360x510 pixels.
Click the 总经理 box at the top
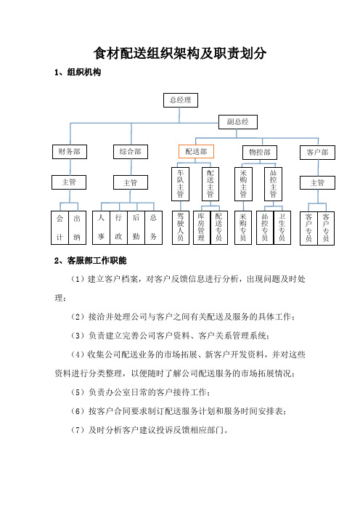tap(180, 100)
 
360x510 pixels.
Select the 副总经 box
tap(238, 122)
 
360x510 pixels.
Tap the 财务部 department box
tap(70, 152)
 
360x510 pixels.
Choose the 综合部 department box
tap(131, 152)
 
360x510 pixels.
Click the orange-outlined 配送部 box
tap(196, 152)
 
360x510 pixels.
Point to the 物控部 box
tap(260, 153)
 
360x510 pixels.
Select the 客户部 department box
tap(317, 153)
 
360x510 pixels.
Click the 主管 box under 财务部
tap(69, 182)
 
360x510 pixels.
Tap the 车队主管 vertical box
tap(180, 184)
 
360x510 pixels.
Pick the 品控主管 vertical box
tap(273, 184)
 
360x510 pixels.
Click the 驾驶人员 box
tap(180, 227)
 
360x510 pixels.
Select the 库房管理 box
tap(202, 227)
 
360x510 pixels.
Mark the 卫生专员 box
tap(282, 227)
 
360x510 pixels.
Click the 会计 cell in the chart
tap(60, 227)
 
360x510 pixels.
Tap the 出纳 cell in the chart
tap(78, 227)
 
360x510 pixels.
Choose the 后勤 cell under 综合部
tap(136, 227)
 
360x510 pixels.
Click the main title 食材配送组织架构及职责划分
tap(180, 53)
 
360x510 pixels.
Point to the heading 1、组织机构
tap(78, 72)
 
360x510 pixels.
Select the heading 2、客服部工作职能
tap(90, 261)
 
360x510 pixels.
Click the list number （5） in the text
tap(78, 392)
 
